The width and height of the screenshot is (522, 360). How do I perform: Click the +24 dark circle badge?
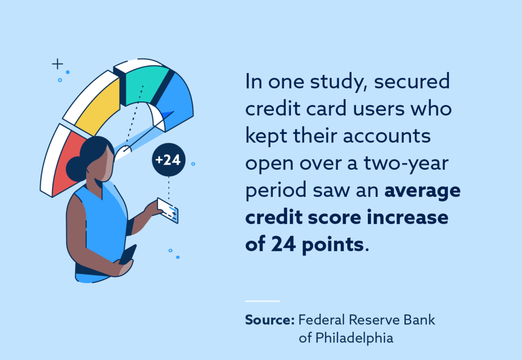click(x=168, y=160)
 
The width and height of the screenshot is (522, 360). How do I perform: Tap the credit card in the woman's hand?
click(x=168, y=210)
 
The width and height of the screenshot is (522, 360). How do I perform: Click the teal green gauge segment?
click(x=144, y=85)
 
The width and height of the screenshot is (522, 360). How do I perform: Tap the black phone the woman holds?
click(x=128, y=254)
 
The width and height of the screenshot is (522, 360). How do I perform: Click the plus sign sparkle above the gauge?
click(x=57, y=64)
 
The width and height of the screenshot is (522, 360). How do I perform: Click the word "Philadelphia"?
click(x=346, y=339)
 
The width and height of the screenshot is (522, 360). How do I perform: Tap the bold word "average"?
click(x=422, y=191)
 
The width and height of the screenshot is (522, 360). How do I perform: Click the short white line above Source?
click(x=262, y=301)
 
